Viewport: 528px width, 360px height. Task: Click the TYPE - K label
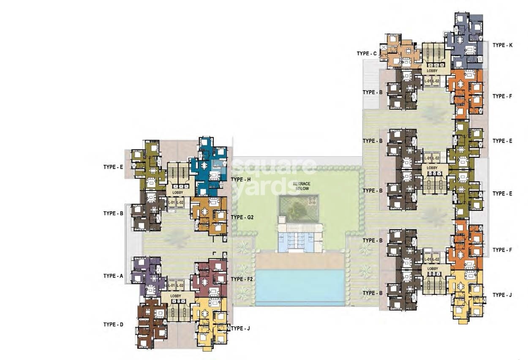coord(502,45)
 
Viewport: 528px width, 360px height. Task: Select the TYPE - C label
coord(366,54)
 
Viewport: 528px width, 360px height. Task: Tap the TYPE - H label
coord(241,180)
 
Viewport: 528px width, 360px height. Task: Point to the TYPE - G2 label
coord(242,217)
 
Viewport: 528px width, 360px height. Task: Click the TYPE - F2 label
coord(242,279)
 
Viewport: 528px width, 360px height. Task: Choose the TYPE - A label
coord(113,276)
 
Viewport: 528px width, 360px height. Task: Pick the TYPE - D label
coord(113,325)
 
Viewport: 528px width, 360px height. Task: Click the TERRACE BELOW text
coord(302,186)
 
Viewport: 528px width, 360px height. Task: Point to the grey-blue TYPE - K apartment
coord(465,42)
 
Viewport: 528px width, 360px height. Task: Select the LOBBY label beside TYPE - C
coord(432,71)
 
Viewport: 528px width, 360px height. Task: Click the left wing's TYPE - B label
coord(113,213)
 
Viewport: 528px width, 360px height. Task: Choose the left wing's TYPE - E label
coord(113,167)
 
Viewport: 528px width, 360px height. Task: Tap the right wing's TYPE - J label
coord(502,295)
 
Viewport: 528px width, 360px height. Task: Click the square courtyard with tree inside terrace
coord(298,208)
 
